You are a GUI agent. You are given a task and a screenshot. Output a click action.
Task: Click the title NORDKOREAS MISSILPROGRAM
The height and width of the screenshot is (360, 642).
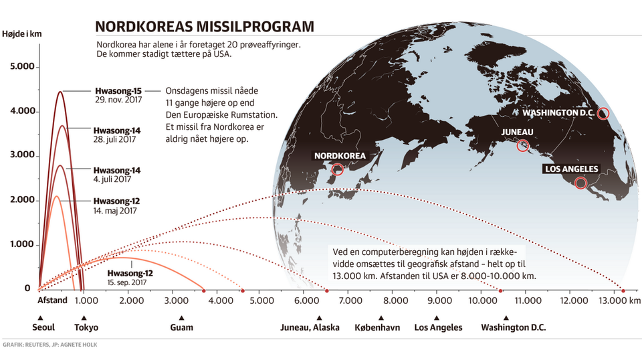pyautogui.click(x=204, y=26)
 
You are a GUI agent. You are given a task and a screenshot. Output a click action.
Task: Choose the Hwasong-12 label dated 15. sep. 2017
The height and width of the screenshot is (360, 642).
pyautogui.click(x=130, y=277)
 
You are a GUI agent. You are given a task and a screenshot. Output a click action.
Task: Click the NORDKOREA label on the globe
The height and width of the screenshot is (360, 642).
pyautogui.click(x=340, y=156)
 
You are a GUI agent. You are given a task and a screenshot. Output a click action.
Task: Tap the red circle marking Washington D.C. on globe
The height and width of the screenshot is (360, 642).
pyautogui.click(x=603, y=113)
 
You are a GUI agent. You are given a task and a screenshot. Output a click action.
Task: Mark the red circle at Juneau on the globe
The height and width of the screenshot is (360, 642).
pyautogui.click(x=523, y=145)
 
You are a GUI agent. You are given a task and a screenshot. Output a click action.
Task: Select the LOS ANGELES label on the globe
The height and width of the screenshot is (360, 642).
pyautogui.click(x=572, y=169)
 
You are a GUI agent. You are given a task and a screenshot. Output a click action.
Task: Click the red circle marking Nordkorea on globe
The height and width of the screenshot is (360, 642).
pyautogui.click(x=338, y=170)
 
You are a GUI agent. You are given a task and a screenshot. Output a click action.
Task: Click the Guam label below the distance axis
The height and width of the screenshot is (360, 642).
pyautogui.click(x=181, y=327)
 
